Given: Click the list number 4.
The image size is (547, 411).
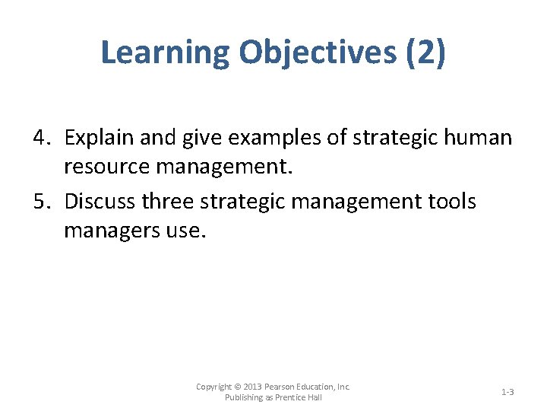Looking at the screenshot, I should tap(42, 137).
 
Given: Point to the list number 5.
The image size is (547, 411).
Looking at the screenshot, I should tap(42, 202).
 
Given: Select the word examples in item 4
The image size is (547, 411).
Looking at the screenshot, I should tap(258, 137).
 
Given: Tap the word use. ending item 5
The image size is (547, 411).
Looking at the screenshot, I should tap(185, 229).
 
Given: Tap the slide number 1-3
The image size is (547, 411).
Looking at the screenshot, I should tap(507, 392).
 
